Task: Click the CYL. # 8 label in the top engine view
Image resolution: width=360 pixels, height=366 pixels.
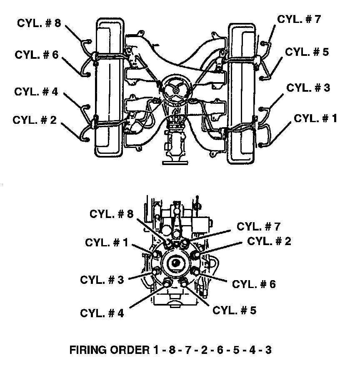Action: click(x=39, y=23)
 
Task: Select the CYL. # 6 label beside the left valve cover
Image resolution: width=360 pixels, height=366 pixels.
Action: click(x=37, y=55)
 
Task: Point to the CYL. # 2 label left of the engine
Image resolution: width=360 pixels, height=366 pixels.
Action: click(x=35, y=120)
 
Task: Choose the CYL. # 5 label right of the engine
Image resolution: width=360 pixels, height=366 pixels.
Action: click(x=307, y=52)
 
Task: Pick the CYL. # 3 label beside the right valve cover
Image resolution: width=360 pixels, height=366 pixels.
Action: click(x=308, y=88)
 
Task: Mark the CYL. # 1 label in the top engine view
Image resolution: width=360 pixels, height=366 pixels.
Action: click(x=315, y=118)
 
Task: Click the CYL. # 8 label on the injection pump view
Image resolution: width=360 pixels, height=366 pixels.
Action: click(x=112, y=214)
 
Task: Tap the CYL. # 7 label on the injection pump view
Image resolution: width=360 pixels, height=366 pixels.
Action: click(x=259, y=226)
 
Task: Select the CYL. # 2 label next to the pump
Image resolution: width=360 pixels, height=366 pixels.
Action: click(x=269, y=241)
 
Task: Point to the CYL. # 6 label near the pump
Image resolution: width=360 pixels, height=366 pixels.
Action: click(x=254, y=284)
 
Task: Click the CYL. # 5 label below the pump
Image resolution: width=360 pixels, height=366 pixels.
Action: click(x=234, y=310)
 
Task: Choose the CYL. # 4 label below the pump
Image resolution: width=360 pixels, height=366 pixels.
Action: click(x=102, y=313)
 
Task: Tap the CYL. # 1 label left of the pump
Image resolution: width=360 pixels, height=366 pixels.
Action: click(x=107, y=243)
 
